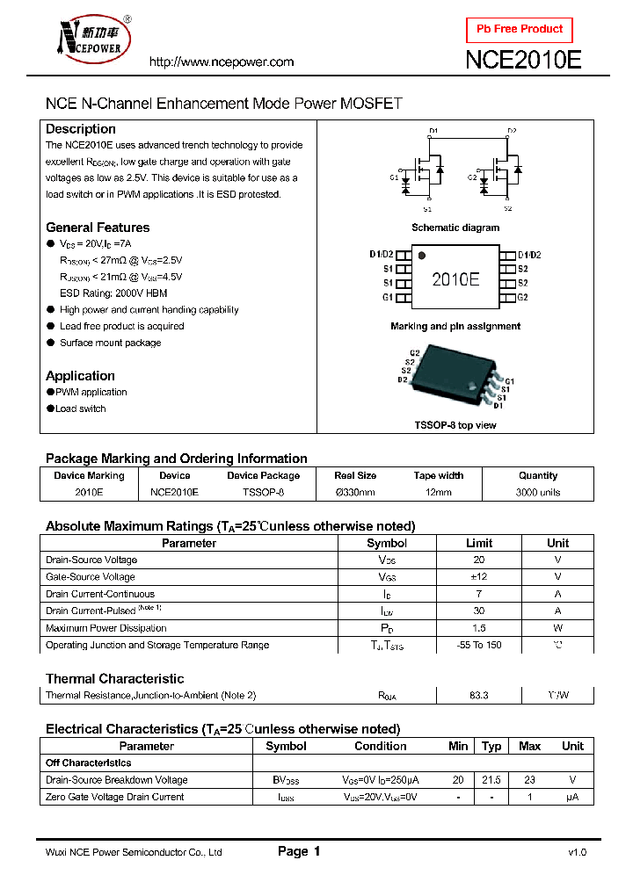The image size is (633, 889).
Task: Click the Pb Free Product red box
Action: (x=519, y=29)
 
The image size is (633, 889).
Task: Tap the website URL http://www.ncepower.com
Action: (x=221, y=62)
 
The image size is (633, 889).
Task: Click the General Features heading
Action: (x=98, y=228)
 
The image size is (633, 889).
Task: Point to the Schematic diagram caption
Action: (x=455, y=228)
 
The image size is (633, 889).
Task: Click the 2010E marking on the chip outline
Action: (x=455, y=279)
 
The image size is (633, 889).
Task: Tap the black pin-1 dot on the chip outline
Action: (x=422, y=257)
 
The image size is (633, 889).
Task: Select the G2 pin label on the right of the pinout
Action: (x=522, y=298)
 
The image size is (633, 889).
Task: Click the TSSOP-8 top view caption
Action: (x=455, y=425)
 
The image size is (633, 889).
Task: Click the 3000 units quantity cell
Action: (x=538, y=493)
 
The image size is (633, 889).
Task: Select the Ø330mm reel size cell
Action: (x=355, y=493)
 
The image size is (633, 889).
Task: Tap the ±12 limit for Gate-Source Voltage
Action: (x=479, y=577)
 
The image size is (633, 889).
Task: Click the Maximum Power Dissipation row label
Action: (x=105, y=628)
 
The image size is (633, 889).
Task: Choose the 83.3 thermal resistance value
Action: (x=479, y=695)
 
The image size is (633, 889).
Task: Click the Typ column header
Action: (x=491, y=746)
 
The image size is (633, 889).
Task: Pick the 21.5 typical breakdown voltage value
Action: (x=491, y=780)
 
